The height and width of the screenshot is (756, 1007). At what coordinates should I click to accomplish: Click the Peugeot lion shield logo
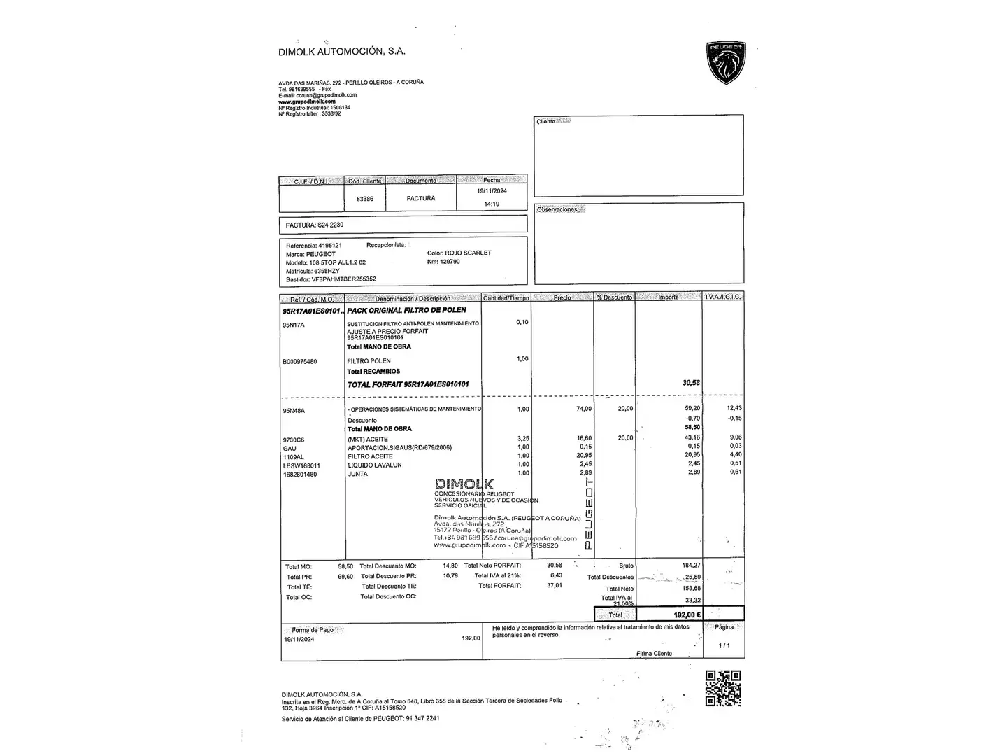pos(726,62)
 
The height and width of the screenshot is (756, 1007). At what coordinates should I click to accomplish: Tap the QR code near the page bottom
pos(722,688)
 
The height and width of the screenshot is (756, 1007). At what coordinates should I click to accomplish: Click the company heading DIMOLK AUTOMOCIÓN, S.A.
pos(341,51)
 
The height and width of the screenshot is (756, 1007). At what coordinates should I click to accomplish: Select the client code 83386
pos(365,199)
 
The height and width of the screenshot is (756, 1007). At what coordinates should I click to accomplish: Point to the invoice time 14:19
pos(492,204)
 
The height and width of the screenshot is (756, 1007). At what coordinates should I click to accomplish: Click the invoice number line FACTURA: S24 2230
pos(315,225)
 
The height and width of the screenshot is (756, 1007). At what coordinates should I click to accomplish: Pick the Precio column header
pos(562,297)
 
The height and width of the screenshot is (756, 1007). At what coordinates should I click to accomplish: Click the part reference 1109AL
pos(294,456)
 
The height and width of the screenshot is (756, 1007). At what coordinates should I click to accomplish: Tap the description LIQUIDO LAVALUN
pos(375,465)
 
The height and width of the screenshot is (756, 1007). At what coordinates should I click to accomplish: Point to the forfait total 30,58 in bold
pos(691,383)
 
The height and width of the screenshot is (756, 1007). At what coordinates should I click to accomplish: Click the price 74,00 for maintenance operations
pos(583,409)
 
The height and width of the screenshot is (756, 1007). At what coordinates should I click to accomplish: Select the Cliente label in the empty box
pos(546,122)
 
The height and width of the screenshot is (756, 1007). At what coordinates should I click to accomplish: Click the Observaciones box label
pos(557,210)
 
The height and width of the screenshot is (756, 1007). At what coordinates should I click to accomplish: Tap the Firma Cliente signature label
pos(654,654)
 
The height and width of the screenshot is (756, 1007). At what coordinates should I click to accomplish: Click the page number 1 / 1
pos(724,645)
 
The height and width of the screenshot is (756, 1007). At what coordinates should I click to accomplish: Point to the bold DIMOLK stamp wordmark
pos(464,484)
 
